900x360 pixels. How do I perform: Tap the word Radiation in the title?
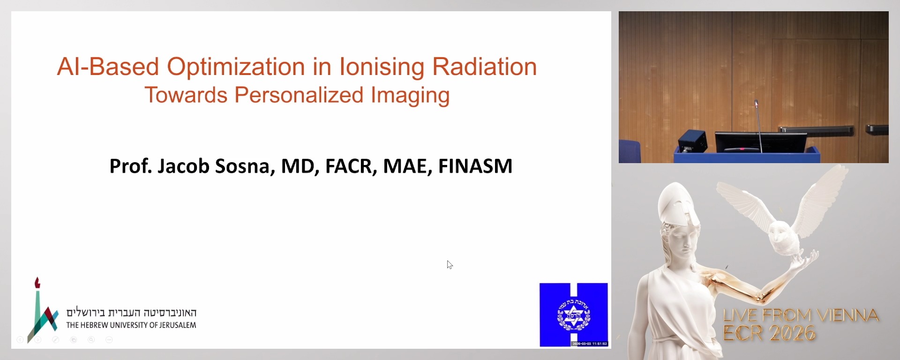pyautogui.click(x=484, y=67)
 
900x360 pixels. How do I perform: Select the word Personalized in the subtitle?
pyautogui.click(x=299, y=95)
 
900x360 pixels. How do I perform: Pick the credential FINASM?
pyautogui.click(x=475, y=166)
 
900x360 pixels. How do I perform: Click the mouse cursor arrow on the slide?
pyautogui.click(x=449, y=264)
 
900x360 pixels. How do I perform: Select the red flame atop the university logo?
pyautogui.click(x=37, y=283)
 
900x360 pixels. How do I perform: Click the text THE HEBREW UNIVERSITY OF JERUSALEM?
pyautogui.click(x=131, y=325)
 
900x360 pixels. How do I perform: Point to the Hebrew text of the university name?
pyautogui.click(x=131, y=313)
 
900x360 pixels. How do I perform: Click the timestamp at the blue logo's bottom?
pyautogui.click(x=589, y=344)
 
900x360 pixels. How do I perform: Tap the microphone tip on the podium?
pyautogui.click(x=756, y=103)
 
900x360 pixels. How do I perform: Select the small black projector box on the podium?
pyautogui.click(x=692, y=141)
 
